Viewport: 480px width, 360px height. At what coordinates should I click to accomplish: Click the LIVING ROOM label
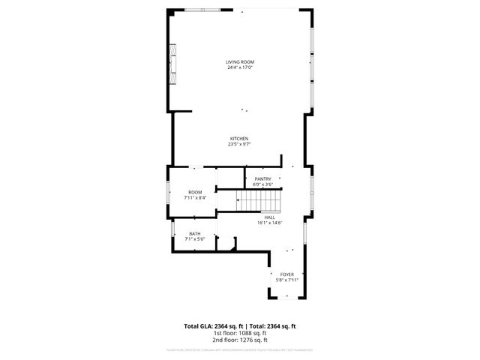(240, 61)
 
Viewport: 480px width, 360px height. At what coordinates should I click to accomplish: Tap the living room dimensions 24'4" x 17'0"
(240, 67)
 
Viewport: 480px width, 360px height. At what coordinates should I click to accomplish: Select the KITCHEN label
(239, 139)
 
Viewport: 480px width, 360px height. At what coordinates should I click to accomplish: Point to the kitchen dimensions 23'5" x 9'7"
(239, 145)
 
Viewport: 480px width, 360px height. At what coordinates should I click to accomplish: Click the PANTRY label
(262, 178)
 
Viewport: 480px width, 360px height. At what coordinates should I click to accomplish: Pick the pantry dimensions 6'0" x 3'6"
(262, 184)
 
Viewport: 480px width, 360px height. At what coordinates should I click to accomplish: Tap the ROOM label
(195, 193)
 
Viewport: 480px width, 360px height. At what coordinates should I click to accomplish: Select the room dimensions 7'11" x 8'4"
(195, 198)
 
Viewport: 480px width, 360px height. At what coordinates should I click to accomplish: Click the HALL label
(269, 217)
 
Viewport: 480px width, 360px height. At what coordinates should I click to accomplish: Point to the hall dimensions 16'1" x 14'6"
(269, 223)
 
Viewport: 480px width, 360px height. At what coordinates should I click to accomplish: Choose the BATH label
(195, 233)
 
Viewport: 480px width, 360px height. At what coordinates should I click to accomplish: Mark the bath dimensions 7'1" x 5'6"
(195, 238)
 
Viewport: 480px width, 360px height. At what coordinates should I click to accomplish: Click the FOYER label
(287, 274)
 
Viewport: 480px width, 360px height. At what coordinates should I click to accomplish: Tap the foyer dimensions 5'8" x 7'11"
(287, 280)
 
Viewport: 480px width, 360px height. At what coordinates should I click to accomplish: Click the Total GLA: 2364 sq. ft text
(213, 326)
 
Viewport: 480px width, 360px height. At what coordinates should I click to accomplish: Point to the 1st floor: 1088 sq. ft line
(240, 333)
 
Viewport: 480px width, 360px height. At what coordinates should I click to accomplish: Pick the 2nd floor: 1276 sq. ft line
(240, 340)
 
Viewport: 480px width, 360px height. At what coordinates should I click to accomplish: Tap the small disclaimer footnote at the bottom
(240, 349)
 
